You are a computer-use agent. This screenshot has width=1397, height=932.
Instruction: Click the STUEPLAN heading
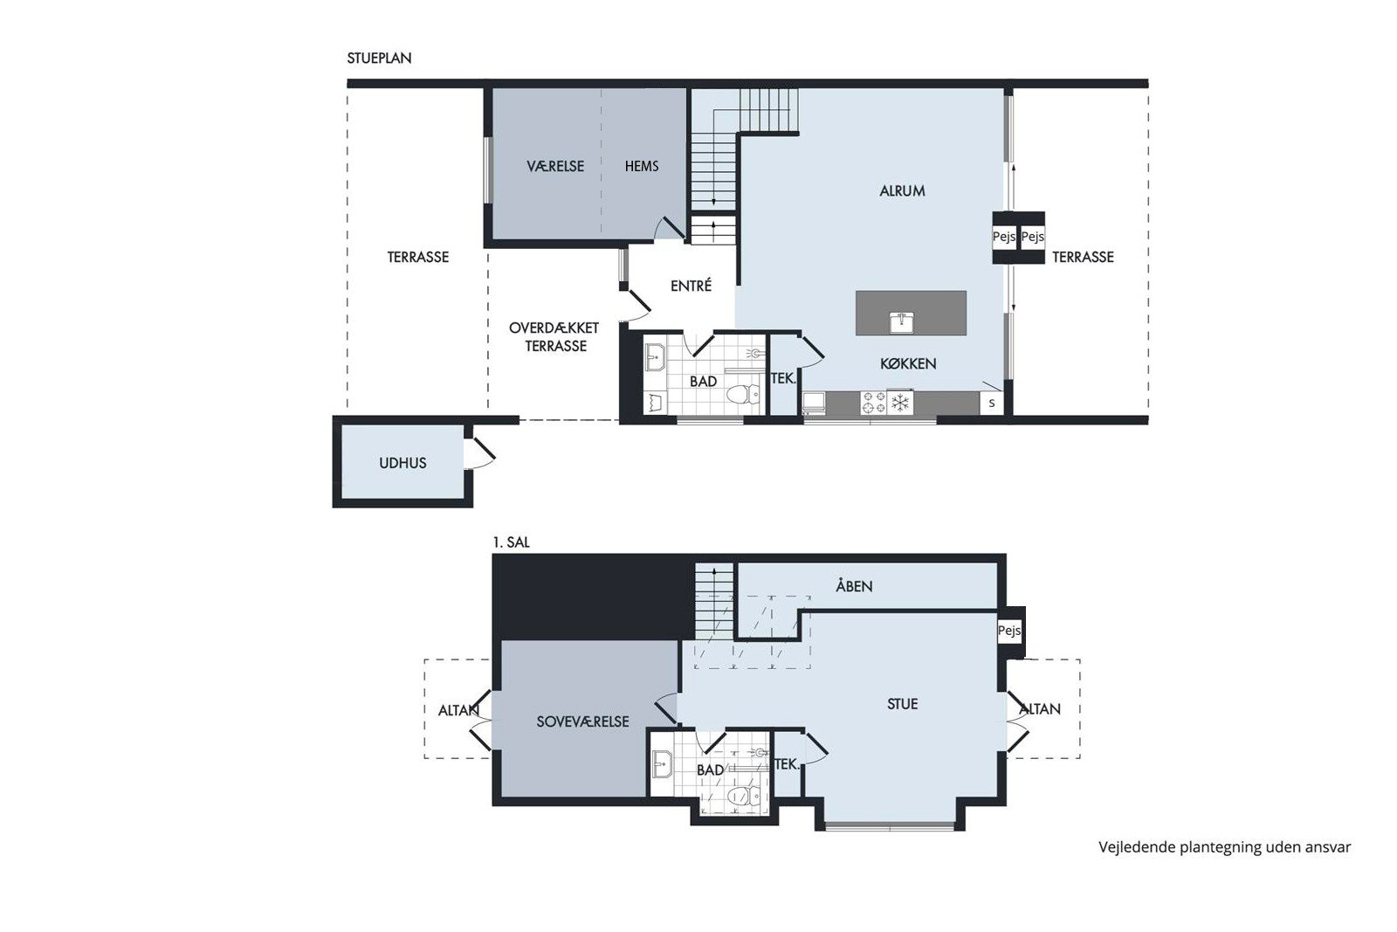[x=379, y=58]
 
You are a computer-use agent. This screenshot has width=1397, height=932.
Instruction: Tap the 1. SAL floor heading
[x=511, y=542]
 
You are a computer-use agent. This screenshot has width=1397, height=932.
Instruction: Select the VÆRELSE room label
[x=555, y=167]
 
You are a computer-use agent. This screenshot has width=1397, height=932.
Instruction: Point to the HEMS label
[x=642, y=166]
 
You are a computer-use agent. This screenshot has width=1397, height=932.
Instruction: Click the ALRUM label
[x=902, y=191]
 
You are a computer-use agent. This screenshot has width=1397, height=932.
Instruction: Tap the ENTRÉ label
[x=691, y=286]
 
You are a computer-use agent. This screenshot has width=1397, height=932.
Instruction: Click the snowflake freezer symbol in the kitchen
[x=900, y=403]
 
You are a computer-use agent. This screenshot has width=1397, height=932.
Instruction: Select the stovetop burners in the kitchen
[x=873, y=403]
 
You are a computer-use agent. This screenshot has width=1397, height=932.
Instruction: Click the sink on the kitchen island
[x=901, y=322]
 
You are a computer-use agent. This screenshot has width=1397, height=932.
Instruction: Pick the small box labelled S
[x=992, y=404]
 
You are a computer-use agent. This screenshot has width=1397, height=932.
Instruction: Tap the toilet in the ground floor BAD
[x=743, y=394]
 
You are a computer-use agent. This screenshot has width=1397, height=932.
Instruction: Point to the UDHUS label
[x=403, y=463]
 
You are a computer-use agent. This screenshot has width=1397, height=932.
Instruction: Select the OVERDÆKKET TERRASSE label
[x=554, y=337]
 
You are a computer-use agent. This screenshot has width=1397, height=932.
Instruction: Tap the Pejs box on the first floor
[x=1008, y=631]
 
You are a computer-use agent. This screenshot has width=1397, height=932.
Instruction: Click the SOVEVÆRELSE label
[x=582, y=721]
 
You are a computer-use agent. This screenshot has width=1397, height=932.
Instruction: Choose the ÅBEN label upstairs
[x=854, y=586]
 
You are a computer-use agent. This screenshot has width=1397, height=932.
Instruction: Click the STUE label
[x=902, y=704]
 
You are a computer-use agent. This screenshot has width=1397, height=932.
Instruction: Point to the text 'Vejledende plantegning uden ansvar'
[x=1225, y=848]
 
